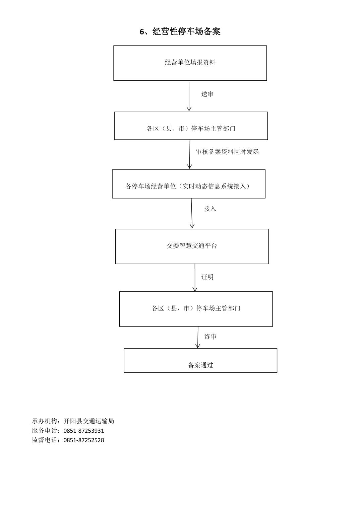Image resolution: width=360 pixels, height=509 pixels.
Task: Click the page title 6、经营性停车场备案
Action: pyautogui.click(x=180, y=31)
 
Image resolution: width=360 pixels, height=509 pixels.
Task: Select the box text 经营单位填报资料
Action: pyautogui.click(x=190, y=62)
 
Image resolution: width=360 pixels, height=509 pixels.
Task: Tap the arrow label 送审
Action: pyautogui.click(x=207, y=94)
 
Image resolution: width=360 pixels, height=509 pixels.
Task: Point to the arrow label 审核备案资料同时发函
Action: pyautogui.click(x=227, y=152)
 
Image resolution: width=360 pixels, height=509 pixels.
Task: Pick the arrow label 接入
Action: pyautogui.click(x=210, y=209)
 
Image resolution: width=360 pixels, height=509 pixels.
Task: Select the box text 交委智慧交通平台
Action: pyautogui.click(x=192, y=246)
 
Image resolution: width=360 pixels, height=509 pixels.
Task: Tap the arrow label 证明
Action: pyautogui.click(x=207, y=277)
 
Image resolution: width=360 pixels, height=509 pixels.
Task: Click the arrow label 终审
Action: pyautogui.click(x=211, y=337)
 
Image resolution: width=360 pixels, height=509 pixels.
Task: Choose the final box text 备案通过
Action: pyautogui.click(x=200, y=365)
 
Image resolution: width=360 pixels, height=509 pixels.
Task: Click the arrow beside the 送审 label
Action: pyautogui.click(x=189, y=96)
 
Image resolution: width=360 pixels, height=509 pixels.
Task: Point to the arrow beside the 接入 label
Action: pyautogui.click(x=192, y=213)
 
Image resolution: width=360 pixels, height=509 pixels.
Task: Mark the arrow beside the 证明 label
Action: pyautogui.click(x=195, y=278)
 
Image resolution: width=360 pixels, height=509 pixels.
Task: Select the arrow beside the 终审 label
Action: pyautogui.click(x=198, y=337)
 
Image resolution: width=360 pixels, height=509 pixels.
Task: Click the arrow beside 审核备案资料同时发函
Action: pyautogui.click(x=190, y=154)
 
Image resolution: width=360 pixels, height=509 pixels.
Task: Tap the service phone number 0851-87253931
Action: pyautogui.click(x=84, y=431)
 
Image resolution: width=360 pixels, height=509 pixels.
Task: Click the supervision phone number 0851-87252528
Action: pyautogui.click(x=84, y=440)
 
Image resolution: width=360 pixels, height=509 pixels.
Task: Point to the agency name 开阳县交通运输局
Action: pyautogui.click(x=89, y=421)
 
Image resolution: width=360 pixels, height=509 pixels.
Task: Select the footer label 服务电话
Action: pyautogui.click(x=45, y=431)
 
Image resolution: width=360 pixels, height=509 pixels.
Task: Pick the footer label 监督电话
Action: pyautogui.click(x=45, y=440)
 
